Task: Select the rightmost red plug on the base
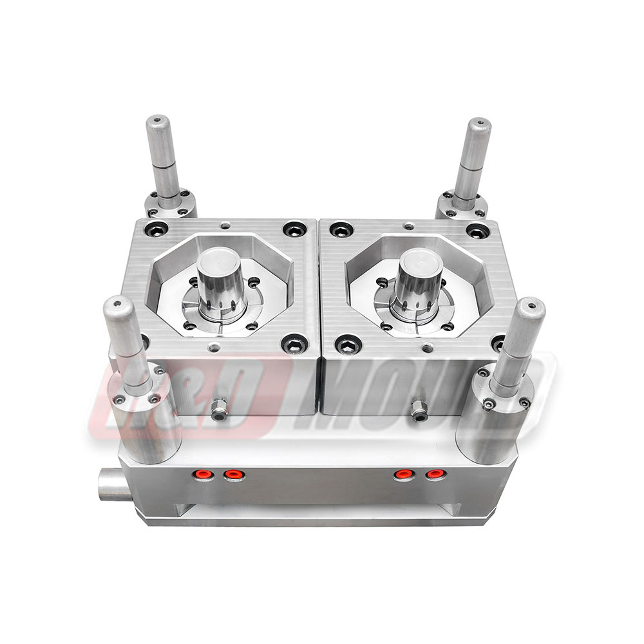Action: click(436, 475)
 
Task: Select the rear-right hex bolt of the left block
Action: click(294, 229)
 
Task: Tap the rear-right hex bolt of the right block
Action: click(477, 231)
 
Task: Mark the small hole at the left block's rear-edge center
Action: click(223, 225)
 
